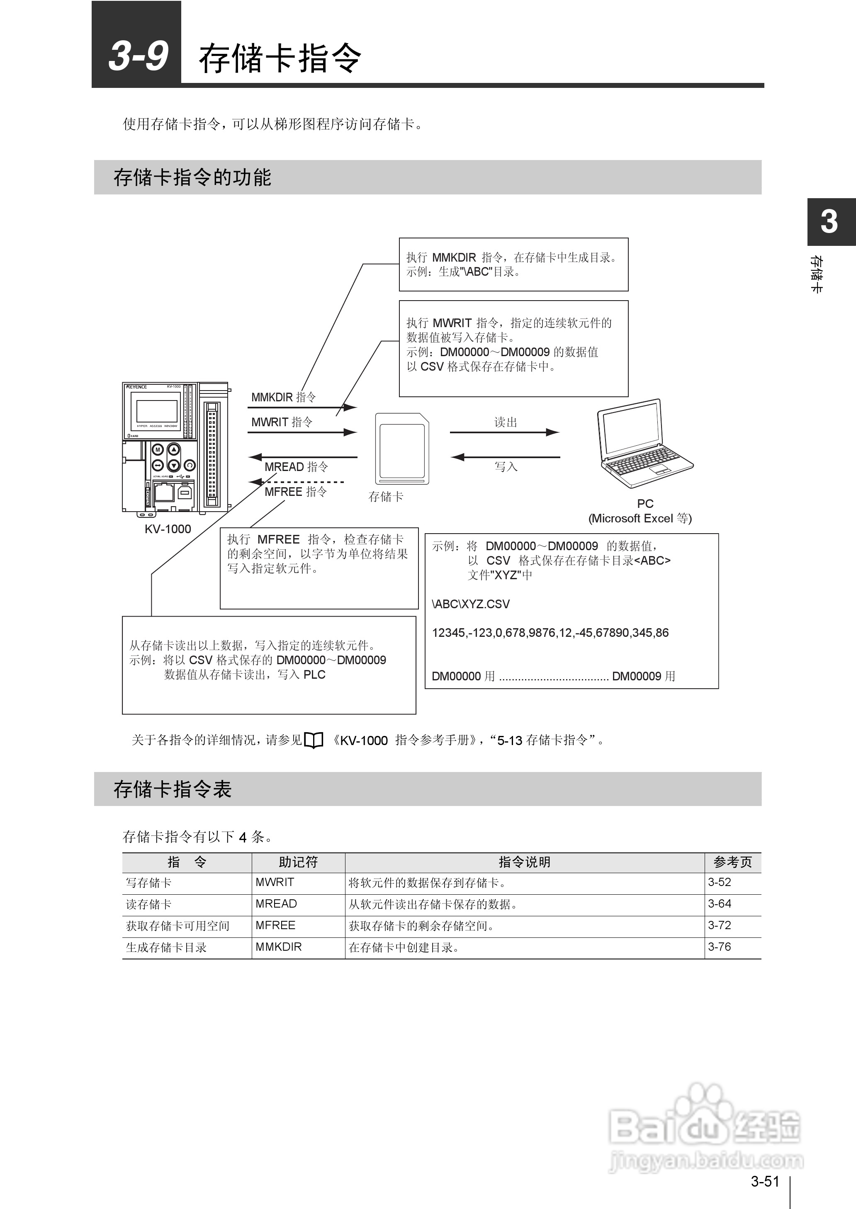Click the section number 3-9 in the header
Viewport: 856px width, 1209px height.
(138, 56)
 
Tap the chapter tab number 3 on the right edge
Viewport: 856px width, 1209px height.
(829, 221)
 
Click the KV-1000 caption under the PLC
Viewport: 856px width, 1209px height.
(168, 529)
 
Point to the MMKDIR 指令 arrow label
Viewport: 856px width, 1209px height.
(284, 397)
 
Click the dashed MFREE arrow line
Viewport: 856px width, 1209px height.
(304, 481)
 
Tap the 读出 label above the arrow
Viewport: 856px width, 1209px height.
(506, 422)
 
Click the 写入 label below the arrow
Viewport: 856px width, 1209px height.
(506, 467)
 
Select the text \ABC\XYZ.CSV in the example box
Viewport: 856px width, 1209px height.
(471, 604)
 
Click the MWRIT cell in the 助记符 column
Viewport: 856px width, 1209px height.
(275, 882)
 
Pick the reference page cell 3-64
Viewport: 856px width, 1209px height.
(720, 904)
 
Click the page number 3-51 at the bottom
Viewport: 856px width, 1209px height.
(765, 1182)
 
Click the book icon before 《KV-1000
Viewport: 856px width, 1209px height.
(314, 740)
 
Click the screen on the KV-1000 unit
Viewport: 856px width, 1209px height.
(156, 411)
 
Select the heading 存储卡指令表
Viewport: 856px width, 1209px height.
(173, 789)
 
